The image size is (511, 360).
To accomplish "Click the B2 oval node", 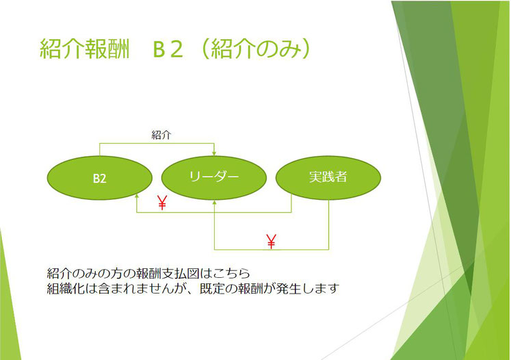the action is (x=100, y=178).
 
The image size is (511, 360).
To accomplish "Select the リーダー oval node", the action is (x=214, y=178).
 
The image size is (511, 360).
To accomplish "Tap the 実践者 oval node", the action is (x=328, y=178).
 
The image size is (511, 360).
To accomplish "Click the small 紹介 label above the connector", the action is (x=161, y=135).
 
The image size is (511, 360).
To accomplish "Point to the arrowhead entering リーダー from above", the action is (x=214, y=153).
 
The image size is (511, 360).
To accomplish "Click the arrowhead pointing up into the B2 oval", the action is (x=137, y=196).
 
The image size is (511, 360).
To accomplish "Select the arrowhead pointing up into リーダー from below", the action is (x=214, y=203).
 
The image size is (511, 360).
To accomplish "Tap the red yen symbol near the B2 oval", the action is (x=162, y=203).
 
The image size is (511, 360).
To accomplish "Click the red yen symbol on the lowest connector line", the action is (x=271, y=242).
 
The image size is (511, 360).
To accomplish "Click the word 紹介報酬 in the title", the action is (x=85, y=49).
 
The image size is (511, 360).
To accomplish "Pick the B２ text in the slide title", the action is (x=168, y=49).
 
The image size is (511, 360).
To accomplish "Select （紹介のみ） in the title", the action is (x=256, y=49).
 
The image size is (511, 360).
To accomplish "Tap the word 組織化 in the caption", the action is (x=66, y=289).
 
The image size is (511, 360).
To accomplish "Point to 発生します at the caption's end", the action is (x=308, y=289).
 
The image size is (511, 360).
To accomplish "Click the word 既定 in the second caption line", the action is (x=212, y=289).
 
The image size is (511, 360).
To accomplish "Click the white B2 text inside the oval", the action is (x=100, y=179).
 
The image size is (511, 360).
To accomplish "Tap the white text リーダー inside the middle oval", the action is (x=214, y=177).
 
